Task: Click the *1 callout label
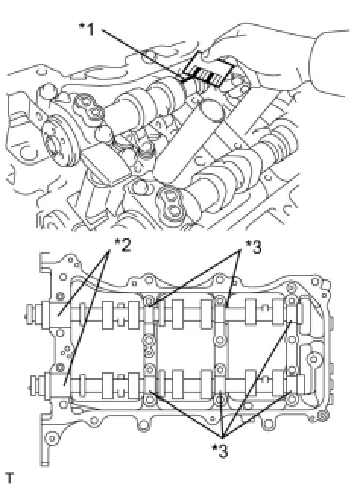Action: [x=87, y=30]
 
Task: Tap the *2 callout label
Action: [x=122, y=245]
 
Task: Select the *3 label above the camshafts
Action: [x=253, y=248]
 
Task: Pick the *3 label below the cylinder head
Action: [x=219, y=450]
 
